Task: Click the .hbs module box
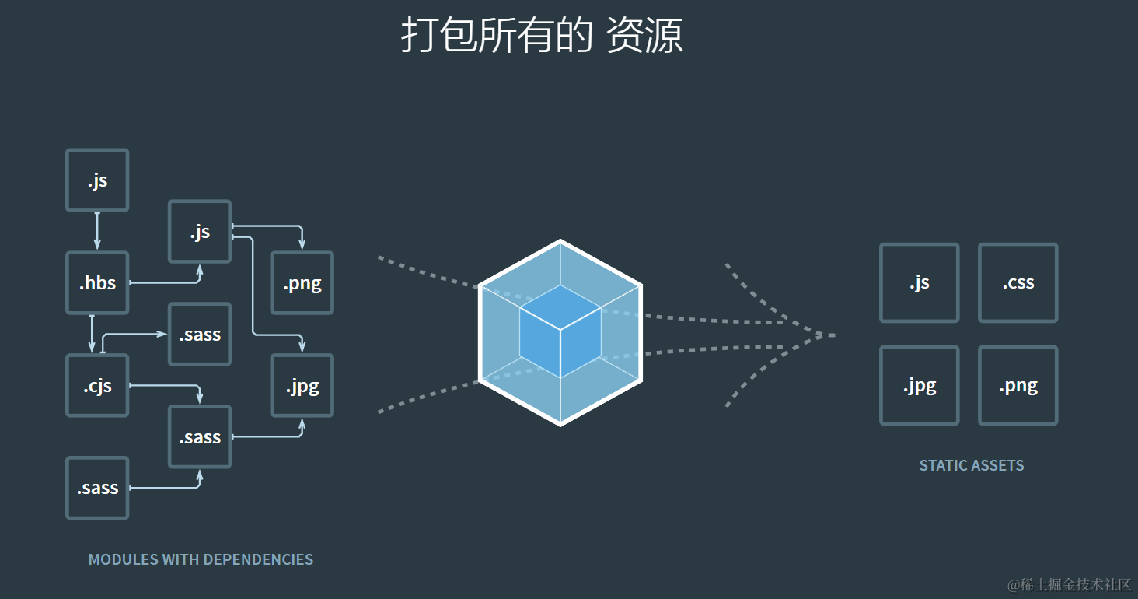pos(97,283)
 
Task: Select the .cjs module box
pos(97,386)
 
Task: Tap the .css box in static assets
pos(1018,283)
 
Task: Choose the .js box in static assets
pos(919,283)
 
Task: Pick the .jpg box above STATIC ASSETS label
pos(919,386)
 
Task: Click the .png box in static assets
pos(1018,386)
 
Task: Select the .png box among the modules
pos(302,283)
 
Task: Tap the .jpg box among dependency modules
pos(302,386)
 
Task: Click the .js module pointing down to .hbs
pos(97,180)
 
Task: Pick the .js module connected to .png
pos(200,232)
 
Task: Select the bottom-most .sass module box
pos(97,489)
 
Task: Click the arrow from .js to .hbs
pos(97,231)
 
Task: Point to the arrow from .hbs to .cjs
pos(92,334)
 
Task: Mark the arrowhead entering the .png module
pos(302,244)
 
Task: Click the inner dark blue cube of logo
pos(560,331)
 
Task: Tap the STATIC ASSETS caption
pos(971,465)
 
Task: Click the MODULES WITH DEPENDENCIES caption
pos(201,559)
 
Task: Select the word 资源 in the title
pos(644,36)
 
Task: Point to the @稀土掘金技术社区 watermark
pos(1069,584)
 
